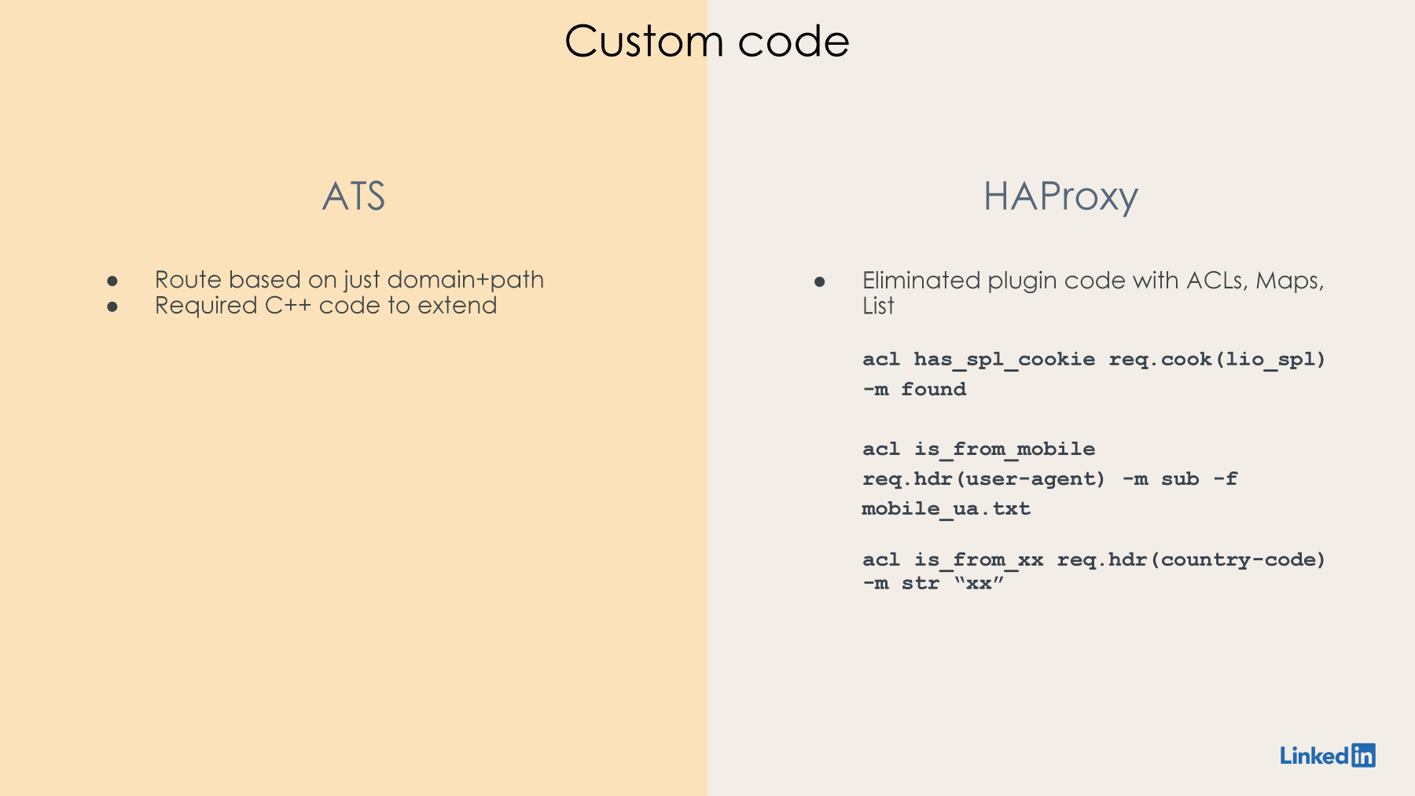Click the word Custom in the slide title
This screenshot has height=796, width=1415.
644,41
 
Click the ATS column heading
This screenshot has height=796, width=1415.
354,196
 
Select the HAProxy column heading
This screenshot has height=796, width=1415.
1060,197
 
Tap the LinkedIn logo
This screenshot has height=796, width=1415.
1328,755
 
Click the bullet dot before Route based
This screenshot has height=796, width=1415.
112,281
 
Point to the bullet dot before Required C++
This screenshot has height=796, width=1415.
112,306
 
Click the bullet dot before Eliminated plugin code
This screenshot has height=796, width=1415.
820,281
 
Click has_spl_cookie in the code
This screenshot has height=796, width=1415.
1005,360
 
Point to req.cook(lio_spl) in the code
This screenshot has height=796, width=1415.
1218,360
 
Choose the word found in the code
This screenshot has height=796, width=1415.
934,389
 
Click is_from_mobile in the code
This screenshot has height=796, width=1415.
1005,449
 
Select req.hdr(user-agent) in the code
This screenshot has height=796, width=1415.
984,479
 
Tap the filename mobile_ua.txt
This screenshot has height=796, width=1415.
946,509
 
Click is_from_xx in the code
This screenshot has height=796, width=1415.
979,560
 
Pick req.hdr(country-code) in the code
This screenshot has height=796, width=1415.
1192,560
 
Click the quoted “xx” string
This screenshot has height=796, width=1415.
979,583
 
